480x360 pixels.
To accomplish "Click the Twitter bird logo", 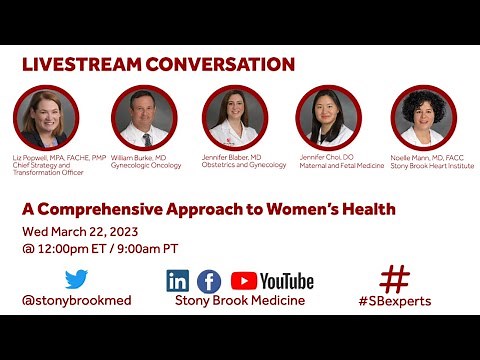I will click(x=76, y=279).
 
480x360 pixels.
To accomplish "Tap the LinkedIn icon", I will click(x=178, y=281).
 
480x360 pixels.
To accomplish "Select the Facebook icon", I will click(x=209, y=281).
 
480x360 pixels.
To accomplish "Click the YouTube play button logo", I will click(x=244, y=281).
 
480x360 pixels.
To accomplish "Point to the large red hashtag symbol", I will click(x=395, y=279).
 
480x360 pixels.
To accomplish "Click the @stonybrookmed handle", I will click(x=76, y=300).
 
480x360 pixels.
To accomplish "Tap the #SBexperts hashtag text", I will click(x=395, y=300).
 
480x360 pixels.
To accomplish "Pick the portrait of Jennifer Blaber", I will click(x=234, y=117).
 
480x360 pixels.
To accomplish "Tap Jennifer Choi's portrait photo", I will click(x=329, y=117).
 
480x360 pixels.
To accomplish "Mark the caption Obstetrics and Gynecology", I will click(x=245, y=165).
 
